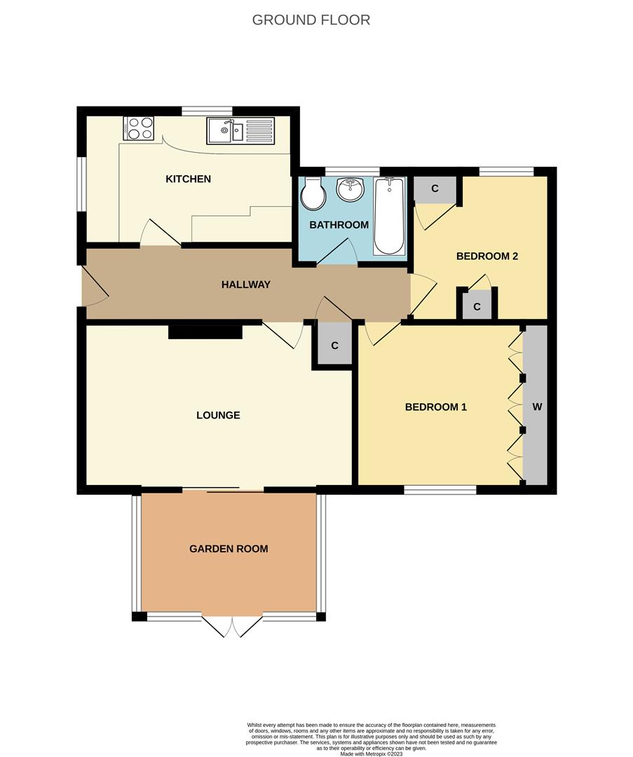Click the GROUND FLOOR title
point(311,20)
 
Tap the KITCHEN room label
point(189,179)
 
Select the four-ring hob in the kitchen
point(139,128)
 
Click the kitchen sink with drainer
point(240,130)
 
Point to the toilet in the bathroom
point(313,193)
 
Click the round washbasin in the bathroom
point(351,189)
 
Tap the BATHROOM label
point(339,225)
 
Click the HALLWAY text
point(246,285)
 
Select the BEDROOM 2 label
point(487,257)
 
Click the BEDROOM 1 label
point(436,407)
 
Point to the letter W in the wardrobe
point(537,407)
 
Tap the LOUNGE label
point(218,415)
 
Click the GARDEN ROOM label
point(229,549)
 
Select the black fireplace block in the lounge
point(205,332)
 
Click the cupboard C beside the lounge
point(334,346)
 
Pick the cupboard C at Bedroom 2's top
point(435,189)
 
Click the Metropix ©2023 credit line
point(372,753)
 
